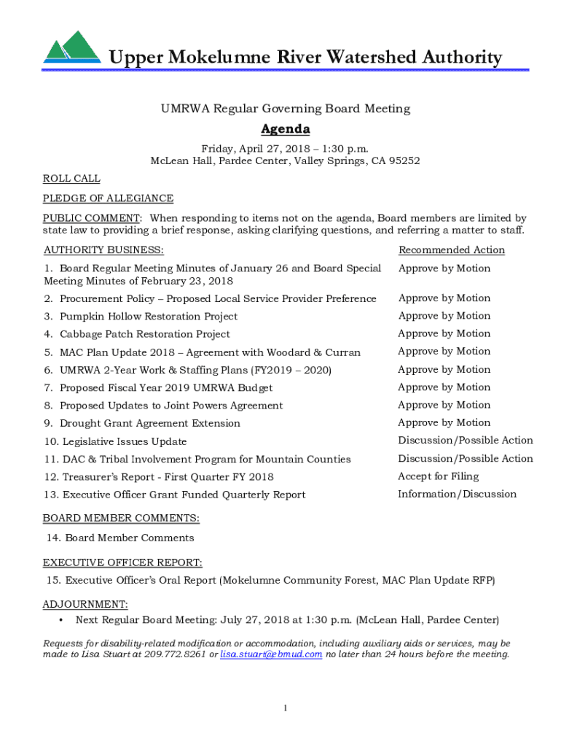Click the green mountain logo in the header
click(71, 48)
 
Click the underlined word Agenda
click(286, 129)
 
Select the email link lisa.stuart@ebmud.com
click(271, 654)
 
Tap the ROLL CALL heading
click(71, 179)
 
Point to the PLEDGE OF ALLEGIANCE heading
click(108, 198)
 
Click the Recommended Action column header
click(451, 250)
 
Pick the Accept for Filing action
click(438, 476)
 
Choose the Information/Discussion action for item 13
click(457, 494)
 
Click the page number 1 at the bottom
click(286, 708)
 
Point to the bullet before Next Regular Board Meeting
click(60, 620)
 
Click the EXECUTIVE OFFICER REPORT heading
click(122, 562)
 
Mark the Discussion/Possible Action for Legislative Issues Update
click(465, 441)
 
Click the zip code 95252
click(404, 161)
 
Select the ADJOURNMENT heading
click(85, 605)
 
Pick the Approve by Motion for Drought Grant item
click(444, 422)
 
